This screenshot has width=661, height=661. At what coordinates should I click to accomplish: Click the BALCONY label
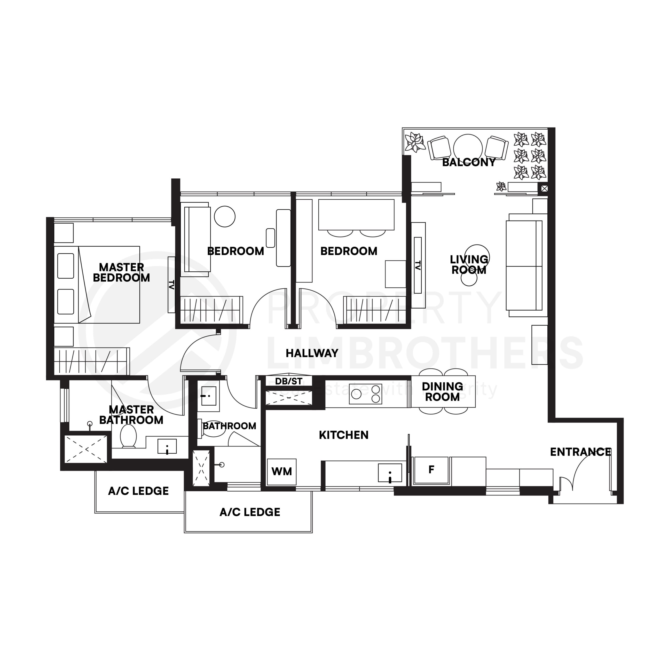coord(469,162)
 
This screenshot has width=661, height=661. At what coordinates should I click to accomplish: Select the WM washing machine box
coord(282,471)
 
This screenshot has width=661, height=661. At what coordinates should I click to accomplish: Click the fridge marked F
coord(431,470)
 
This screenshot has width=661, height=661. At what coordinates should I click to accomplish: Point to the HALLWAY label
coord(312,353)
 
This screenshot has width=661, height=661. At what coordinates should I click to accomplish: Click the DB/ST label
coord(289,381)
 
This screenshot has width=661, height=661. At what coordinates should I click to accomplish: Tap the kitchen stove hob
coord(365,394)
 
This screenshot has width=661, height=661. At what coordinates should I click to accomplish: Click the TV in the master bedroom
coord(171,285)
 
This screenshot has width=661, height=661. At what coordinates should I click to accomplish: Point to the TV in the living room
coord(418,265)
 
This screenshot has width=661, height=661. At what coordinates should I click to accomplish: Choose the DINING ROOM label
coord(442,392)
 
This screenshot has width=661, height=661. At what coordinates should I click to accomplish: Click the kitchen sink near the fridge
coord(390,473)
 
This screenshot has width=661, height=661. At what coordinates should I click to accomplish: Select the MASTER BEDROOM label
coord(121,272)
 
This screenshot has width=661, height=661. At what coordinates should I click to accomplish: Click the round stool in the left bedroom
coord(225,216)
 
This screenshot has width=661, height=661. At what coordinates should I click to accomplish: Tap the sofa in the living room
coord(524,265)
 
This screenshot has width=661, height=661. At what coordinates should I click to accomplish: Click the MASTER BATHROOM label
coord(131,415)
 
